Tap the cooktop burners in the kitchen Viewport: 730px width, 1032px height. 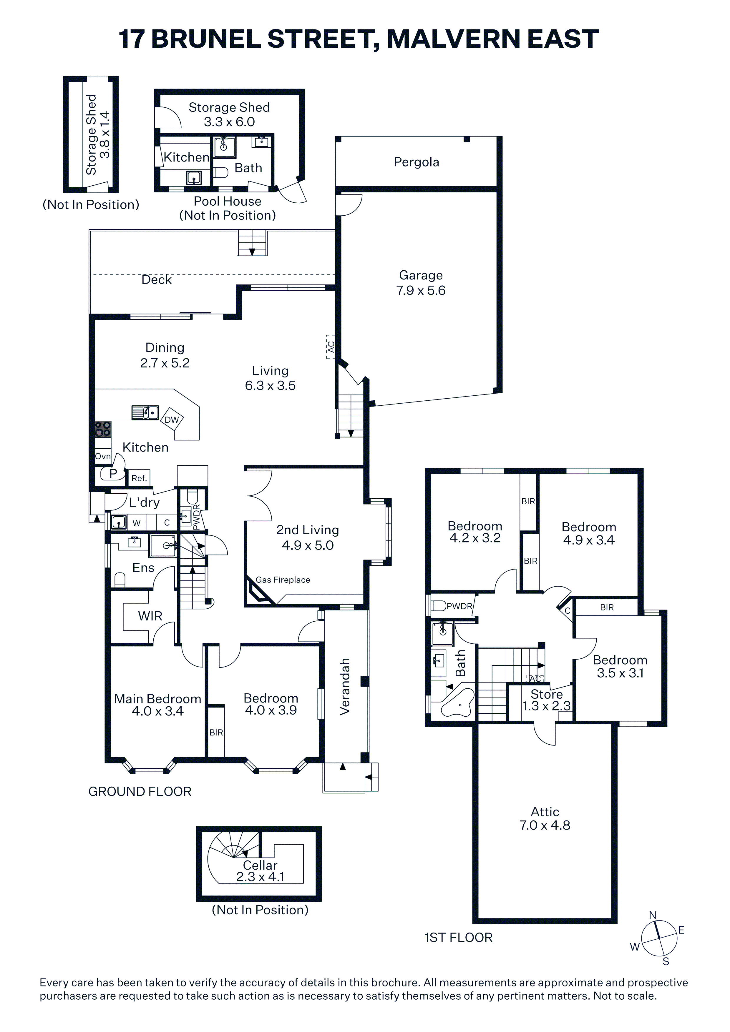click(x=102, y=429)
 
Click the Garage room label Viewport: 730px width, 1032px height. click(x=421, y=275)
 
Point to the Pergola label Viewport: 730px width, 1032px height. click(x=417, y=162)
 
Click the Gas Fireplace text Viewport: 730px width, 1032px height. click(x=283, y=580)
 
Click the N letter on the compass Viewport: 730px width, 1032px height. click(x=653, y=916)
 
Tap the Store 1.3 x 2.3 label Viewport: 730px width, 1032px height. click(x=547, y=700)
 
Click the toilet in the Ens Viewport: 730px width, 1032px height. click(x=120, y=580)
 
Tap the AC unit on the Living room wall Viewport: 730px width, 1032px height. click(x=331, y=347)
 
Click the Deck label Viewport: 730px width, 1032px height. click(x=157, y=279)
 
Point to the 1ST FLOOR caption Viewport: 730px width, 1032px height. click(x=458, y=938)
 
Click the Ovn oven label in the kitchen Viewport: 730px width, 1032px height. click(x=102, y=456)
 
